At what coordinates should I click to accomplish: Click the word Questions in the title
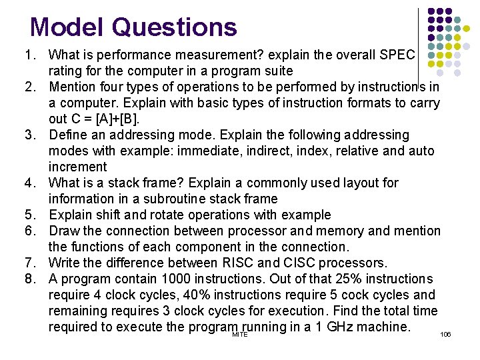pyautogui.click(x=174, y=27)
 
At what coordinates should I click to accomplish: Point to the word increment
pyautogui.click(x=77, y=167)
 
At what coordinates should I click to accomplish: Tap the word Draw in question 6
pyautogui.click(x=63, y=231)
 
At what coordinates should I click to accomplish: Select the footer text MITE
pyautogui.click(x=239, y=334)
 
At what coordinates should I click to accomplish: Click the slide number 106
pyautogui.click(x=445, y=333)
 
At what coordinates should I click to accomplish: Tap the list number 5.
pyautogui.click(x=30, y=215)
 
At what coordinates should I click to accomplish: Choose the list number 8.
pyautogui.click(x=30, y=279)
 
